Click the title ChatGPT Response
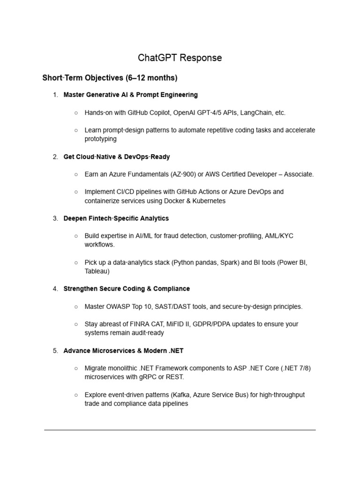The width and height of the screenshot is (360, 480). coord(180,58)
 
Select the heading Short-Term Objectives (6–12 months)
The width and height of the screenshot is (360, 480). coord(110,78)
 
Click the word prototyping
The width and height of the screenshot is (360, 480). coord(100,139)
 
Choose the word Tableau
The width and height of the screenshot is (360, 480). coord(97,271)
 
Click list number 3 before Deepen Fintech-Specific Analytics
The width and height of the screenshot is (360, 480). coord(55,218)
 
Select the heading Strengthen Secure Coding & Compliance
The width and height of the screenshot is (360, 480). coord(127,289)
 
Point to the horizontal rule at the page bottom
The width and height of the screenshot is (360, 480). coord(180,429)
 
